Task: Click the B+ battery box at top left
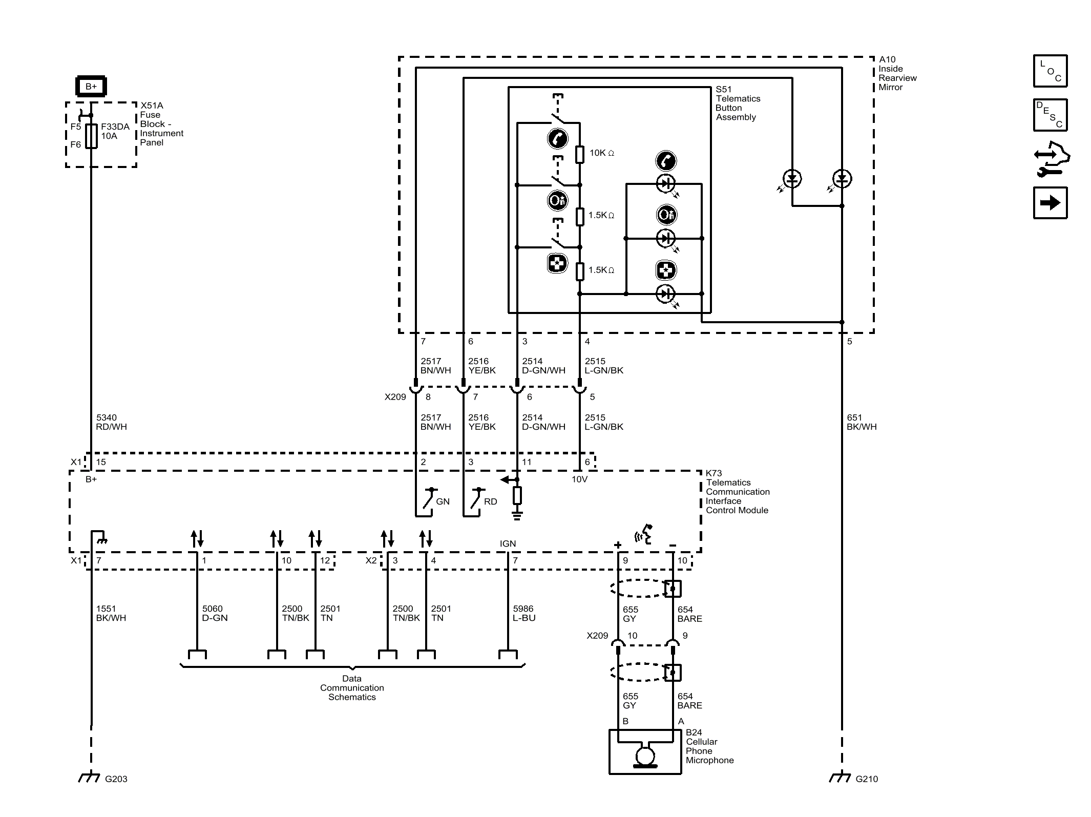(x=91, y=86)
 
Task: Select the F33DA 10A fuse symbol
(x=91, y=136)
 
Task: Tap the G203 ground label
(x=116, y=779)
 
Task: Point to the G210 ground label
(x=867, y=779)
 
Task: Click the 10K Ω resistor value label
(x=601, y=153)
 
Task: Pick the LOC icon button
(x=1050, y=71)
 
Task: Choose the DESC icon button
(x=1050, y=115)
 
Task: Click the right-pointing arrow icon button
(x=1050, y=203)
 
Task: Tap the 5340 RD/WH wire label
(x=111, y=422)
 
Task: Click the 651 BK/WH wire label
(x=862, y=422)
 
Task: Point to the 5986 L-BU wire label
(x=524, y=613)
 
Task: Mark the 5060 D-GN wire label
(x=215, y=613)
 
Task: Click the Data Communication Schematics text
(x=352, y=688)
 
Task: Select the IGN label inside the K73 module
(x=508, y=543)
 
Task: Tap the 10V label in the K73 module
(x=579, y=479)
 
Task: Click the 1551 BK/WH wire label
(x=111, y=613)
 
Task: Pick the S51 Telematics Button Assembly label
(x=738, y=103)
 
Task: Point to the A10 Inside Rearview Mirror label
(x=897, y=73)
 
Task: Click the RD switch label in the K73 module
(x=490, y=501)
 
